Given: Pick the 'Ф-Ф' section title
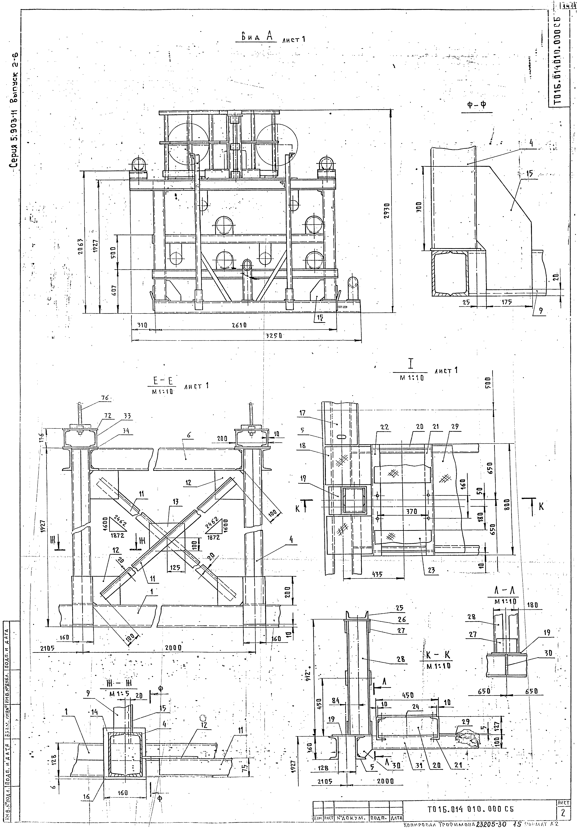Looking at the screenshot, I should coord(477,105).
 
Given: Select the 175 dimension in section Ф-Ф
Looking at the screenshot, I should coord(507,302).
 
